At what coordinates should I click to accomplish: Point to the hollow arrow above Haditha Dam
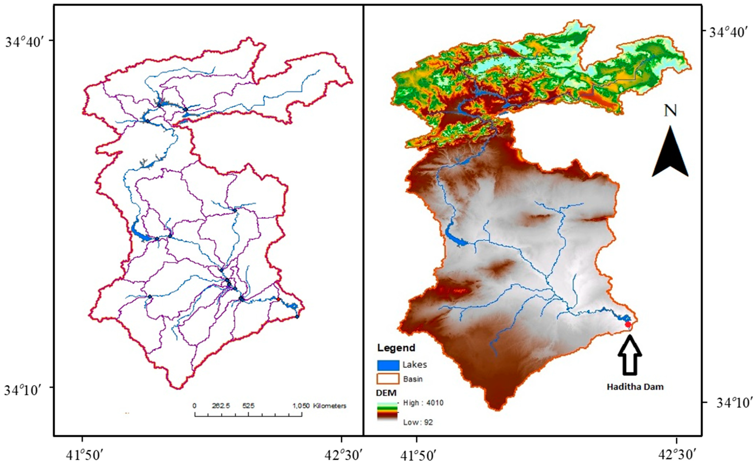click(630, 355)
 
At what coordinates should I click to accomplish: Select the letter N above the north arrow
click(670, 111)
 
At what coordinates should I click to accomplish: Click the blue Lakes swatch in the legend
click(388, 365)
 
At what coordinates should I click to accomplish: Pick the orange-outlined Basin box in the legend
click(388, 379)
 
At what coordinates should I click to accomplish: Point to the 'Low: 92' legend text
click(418, 422)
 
